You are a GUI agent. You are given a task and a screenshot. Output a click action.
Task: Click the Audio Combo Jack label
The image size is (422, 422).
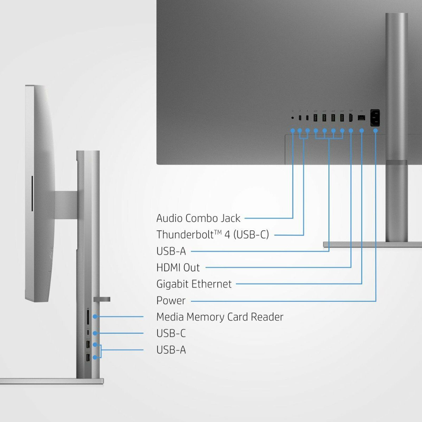point(198,218)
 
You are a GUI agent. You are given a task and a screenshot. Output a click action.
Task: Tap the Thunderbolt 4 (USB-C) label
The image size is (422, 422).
point(212,235)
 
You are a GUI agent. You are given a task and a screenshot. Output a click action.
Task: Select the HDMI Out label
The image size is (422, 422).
point(178,268)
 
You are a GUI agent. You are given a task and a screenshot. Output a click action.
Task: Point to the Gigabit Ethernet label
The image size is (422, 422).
point(194,284)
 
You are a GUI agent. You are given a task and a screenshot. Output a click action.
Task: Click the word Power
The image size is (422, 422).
point(171,301)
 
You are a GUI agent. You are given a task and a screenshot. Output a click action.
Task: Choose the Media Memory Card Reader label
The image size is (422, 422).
point(220,317)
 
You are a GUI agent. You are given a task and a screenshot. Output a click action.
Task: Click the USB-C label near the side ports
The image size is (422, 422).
point(171,333)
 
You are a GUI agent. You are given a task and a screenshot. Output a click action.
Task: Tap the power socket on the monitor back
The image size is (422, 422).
point(375,118)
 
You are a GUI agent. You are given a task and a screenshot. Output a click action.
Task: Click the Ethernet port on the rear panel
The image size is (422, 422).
point(361,118)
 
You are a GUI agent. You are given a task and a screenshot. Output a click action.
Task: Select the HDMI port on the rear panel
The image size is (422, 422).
point(351,118)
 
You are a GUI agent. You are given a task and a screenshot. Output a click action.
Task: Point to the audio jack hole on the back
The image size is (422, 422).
point(292,118)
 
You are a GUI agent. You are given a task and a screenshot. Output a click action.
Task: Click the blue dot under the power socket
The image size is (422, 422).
point(376,131)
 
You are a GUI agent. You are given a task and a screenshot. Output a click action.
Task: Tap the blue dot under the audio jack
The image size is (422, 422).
point(292,131)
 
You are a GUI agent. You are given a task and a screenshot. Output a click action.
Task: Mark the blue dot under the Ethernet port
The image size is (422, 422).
point(362,131)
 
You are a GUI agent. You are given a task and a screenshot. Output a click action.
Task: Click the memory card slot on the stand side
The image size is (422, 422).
point(88,316)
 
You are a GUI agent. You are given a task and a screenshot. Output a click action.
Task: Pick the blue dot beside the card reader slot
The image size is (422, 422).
point(95,316)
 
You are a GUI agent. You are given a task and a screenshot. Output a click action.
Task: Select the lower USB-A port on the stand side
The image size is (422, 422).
point(88,358)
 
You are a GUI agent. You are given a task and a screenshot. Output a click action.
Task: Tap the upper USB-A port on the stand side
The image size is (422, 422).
point(88,345)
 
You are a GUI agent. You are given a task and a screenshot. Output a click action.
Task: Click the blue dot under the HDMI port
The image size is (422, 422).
point(351,131)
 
